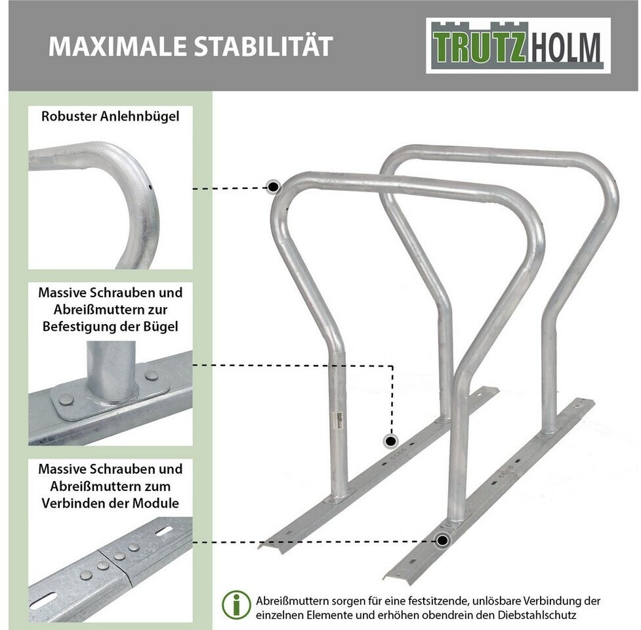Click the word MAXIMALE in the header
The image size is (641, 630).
coord(117,46)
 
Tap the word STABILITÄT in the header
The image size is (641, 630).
coord(263,45)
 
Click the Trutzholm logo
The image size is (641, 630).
coord(518,45)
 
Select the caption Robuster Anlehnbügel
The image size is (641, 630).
coord(110,116)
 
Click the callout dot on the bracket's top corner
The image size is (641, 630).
coord(274,187)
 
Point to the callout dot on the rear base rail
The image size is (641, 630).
coord(391,441)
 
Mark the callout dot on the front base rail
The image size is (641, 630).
coord(442,541)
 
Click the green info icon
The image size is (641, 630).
coord(236,604)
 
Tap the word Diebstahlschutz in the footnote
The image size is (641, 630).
coord(537,615)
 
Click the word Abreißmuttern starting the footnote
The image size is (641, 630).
coord(293,601)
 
